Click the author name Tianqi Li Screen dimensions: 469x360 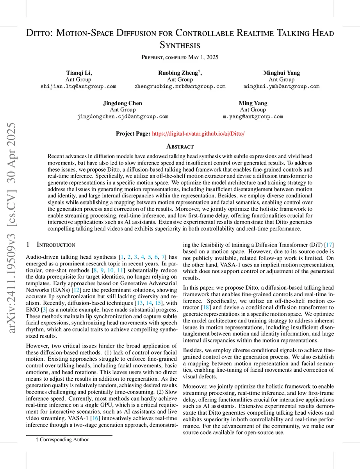pyautogui.click(x=78, y=73)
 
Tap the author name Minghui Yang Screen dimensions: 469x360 pyautogui.click(x=281, y=73)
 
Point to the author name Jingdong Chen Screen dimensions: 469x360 pyautogui.click(x=123, y=103)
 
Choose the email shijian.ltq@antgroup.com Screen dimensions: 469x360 pyautogui.click(x=78, y=86)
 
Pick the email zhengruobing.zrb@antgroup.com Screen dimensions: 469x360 pyautogui.click(x=180, y=86)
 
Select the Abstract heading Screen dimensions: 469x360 pyautogui.click(x=180, y=147)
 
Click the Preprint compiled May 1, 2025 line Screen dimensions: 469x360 pyautogui.click(x=180, y=57)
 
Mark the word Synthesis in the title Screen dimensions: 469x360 pyautogui.click(x=180, y=45)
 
